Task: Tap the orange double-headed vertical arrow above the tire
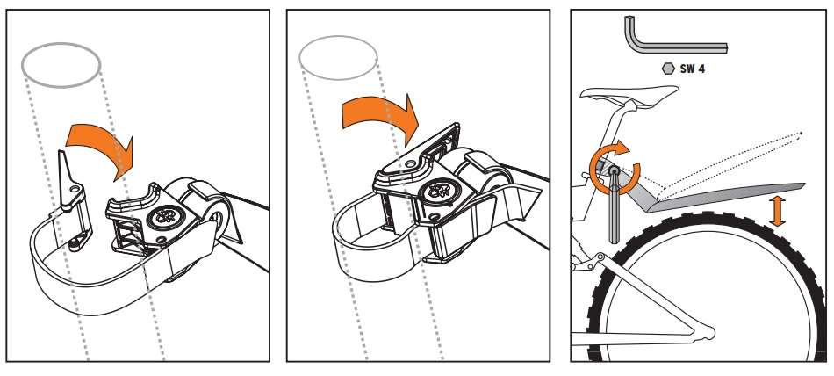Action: [777, 211]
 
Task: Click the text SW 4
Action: [692, 69]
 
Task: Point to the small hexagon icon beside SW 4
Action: [668, 69]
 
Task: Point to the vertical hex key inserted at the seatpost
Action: [615, 205]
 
